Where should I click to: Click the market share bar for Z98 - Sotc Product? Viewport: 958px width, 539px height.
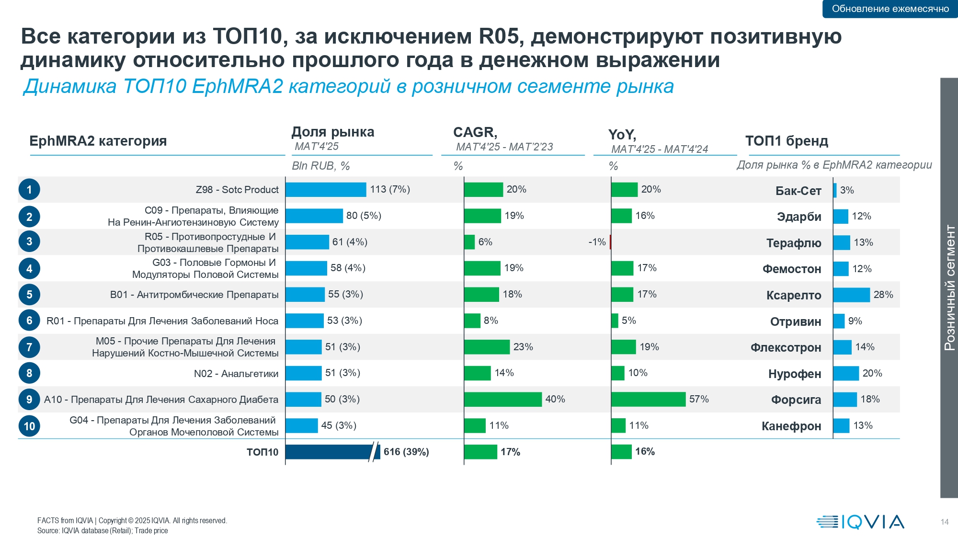point(326,190)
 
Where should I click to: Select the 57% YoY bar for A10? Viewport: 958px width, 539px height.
point(648,399)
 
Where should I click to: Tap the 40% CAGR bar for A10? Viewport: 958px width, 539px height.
point(503,399)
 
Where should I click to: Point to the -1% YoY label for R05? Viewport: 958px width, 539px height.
point(597,242)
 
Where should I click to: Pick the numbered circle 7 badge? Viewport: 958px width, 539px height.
point(29,347)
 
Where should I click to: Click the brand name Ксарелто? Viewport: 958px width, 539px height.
point(794,295)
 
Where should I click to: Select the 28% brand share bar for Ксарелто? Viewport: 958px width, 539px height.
point(851,295)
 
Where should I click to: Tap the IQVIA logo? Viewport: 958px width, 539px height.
point(860,522)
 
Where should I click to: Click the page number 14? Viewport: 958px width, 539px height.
point(944,522)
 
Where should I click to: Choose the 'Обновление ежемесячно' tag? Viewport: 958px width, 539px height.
point(890,9)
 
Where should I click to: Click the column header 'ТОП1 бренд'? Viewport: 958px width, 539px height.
point(787,141)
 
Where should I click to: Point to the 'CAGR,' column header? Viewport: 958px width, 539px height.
point(475,132)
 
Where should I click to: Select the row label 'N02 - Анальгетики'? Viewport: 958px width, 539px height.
point(236,374)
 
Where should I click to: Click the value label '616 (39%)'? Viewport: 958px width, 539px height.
point(406,452)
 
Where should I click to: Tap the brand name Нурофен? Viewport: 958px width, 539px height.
point(795,374)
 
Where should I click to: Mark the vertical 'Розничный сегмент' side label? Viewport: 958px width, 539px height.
point(949,287)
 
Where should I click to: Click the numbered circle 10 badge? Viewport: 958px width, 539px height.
point(29,426)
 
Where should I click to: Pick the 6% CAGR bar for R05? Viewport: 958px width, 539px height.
point(469,242)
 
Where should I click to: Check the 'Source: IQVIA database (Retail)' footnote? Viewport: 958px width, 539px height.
point(103,530)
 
